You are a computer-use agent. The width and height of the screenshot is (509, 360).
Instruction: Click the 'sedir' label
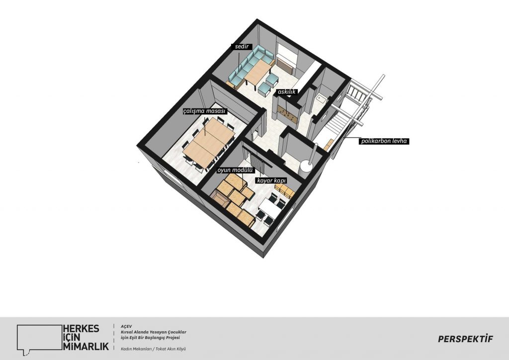point(242,47)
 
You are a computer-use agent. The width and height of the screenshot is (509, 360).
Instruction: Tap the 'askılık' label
point(287,92)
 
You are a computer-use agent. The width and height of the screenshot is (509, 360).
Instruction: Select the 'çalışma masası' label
point(204,111)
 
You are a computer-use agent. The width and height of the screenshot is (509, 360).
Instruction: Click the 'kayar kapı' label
point(272,180)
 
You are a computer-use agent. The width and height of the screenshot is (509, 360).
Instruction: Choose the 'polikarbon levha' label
point(384,141)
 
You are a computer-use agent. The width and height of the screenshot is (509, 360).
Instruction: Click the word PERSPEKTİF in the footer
point(465,339)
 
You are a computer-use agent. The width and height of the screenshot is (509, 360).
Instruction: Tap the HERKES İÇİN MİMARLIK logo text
point(85,337)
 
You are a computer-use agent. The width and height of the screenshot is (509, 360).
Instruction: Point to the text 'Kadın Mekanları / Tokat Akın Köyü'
point(153,349)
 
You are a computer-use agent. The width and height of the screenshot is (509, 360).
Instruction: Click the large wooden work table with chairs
point(209,142)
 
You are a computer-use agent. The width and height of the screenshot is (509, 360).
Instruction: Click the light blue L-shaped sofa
point(249,65)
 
